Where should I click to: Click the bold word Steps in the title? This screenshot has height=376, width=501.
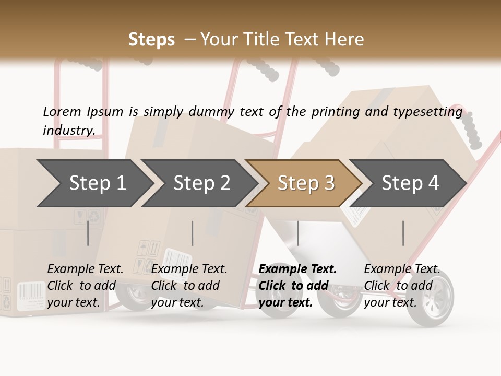pyautogui.click(x=151, y=40)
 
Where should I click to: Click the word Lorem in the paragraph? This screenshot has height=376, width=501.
pyautogui.click(x=62, y=111)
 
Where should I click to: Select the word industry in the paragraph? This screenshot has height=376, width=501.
pyautogui.click(x=69, y=130)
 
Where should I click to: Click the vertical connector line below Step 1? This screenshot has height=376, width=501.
pyautogui.click(x=88, y=233)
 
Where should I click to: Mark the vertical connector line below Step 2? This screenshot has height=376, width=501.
pyautogui.click(x=193, y=233)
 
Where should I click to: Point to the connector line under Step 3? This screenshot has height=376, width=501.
pyautogui.click(x=297, y=233)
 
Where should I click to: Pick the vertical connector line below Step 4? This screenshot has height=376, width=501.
pyautogui.click(x=403, y=233)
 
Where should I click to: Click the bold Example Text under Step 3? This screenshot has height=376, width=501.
pyautogui.click(x=297, y=269)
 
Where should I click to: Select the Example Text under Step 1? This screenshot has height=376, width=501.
pyautogui.click(x=85, y=269)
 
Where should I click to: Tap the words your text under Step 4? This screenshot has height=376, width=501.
pyautogui.click(x=390, y=302)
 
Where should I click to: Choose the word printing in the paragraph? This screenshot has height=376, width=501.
pyautogui.click(x=333, y=112)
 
